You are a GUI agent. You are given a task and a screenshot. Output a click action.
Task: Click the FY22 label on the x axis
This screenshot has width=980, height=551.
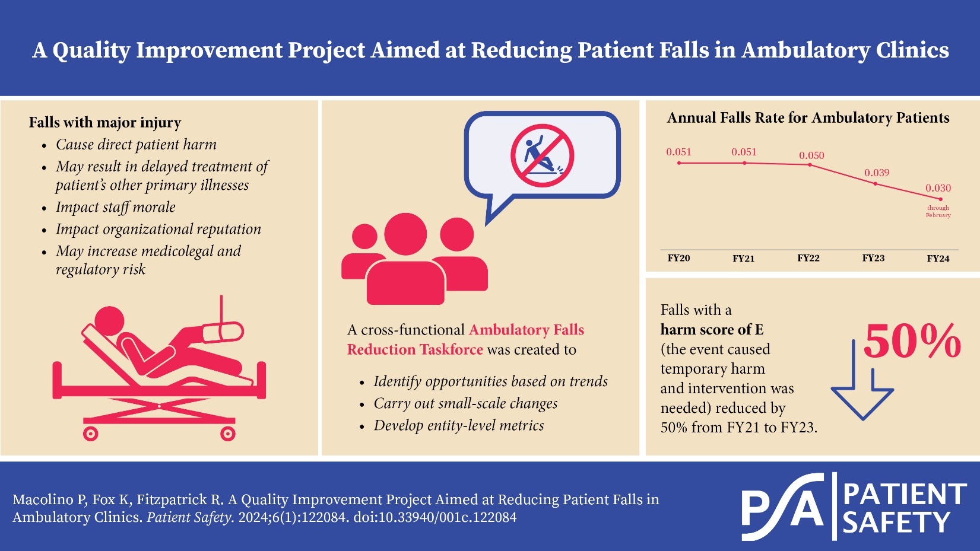808,258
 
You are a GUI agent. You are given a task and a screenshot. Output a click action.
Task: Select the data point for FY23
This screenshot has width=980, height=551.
875,184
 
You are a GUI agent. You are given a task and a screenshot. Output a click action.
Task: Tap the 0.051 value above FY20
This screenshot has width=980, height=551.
678,152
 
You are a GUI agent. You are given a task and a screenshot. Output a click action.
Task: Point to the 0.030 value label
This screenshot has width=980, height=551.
938,188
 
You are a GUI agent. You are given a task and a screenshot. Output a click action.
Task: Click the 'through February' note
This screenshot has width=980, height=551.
938,212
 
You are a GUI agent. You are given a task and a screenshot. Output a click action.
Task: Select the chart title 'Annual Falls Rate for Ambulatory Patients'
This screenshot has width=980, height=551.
808,118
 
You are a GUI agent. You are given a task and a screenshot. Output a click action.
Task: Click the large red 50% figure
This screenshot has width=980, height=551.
912,342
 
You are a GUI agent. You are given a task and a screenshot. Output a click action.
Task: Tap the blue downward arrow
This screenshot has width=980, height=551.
862,386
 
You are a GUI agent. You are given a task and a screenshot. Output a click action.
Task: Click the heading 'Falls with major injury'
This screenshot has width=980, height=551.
105,123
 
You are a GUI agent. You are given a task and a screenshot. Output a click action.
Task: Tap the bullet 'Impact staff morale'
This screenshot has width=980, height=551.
116,207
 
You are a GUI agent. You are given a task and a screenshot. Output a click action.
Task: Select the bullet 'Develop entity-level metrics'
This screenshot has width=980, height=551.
458,425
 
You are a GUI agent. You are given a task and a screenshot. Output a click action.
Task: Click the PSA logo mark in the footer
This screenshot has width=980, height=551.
783,506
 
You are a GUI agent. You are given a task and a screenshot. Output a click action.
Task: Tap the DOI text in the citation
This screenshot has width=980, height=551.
435,517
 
